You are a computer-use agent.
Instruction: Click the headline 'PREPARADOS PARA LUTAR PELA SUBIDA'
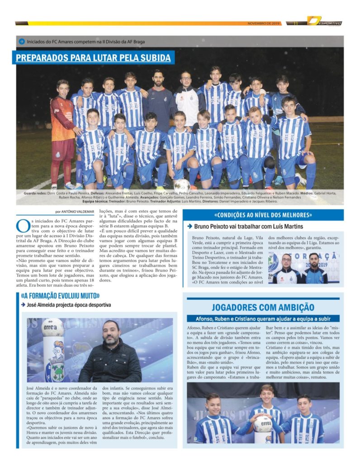(93, 58)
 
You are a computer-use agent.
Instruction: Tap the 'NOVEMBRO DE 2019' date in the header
(264, 23)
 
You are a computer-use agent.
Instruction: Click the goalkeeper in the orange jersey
(63, 131)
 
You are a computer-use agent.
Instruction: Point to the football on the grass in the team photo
(182, 184)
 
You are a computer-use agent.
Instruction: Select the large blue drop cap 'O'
(23, 225)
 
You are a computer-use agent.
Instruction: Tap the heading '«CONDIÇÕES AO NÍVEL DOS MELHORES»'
(263, 215)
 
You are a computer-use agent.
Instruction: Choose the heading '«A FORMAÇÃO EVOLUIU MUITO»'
(60, 296)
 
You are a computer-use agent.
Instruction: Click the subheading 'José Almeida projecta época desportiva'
(69, 305)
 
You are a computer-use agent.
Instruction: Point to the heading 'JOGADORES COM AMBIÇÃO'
(263, 307)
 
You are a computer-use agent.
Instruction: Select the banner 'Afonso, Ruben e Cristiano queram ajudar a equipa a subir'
(263, 319)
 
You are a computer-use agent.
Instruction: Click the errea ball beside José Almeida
(53, 329)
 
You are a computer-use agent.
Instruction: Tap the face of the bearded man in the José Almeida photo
(111, 334)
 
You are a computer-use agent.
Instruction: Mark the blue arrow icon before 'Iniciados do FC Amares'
(21, 42)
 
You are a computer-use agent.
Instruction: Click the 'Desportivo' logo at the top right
(324, 21)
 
